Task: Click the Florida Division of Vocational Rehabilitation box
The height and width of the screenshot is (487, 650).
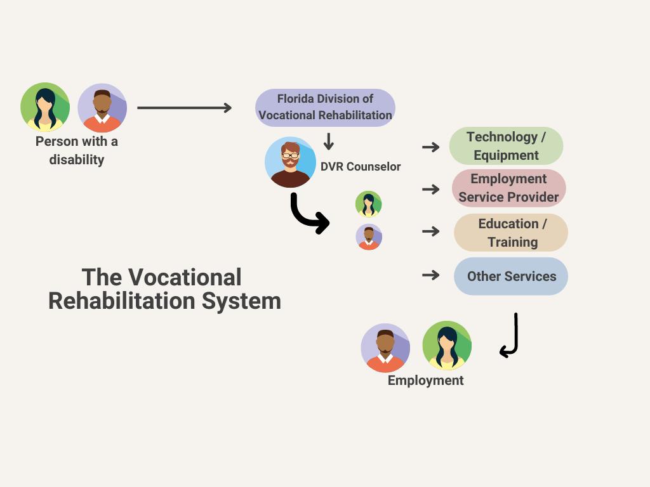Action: pos(325,108)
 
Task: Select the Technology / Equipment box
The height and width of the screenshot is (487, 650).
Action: pos(506,146)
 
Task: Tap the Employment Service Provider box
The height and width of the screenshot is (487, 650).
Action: pos(508,188)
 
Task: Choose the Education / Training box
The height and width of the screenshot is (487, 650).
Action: pos(511,233)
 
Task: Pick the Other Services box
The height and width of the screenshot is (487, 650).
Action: pos(511,276)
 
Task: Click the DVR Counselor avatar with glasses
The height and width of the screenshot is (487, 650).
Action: pos(290,162)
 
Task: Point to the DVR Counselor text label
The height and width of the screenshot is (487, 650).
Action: pos(361,167)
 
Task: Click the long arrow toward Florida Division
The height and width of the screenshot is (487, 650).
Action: pos(184,108)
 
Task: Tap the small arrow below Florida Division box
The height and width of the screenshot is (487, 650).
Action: pos(328,141)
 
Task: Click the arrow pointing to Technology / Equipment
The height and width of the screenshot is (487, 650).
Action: pos(431,147)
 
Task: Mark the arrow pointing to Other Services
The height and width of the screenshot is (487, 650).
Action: pos(431,275)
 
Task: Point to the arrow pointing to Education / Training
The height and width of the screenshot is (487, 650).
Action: pos(431,231)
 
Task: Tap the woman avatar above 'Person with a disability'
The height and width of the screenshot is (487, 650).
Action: pos(45,107)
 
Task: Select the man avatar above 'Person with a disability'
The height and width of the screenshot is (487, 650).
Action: pos(102,108)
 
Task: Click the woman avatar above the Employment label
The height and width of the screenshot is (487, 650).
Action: pos(447,346)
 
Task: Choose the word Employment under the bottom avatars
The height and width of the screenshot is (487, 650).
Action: pos(426,380)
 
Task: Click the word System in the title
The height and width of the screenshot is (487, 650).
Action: pos(241,301)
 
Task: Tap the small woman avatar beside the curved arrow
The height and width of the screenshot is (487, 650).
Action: pos(368,204)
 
